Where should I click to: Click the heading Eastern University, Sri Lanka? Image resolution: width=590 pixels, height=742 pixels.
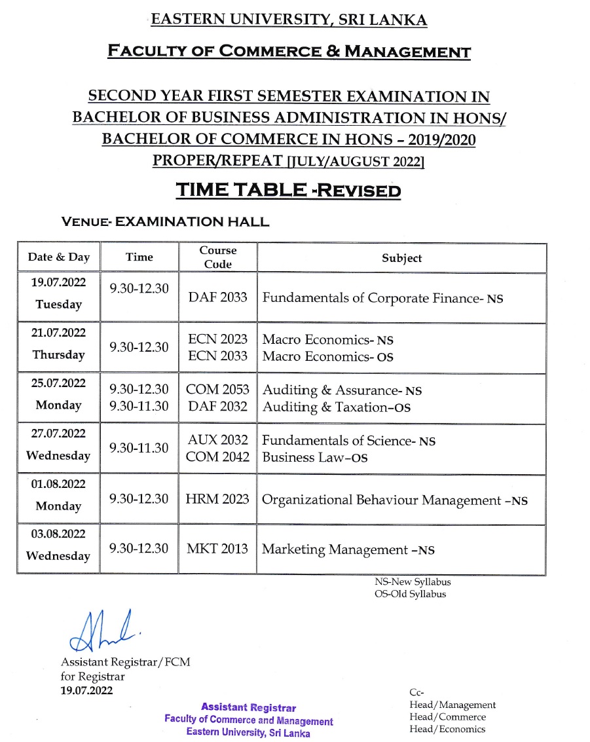pos(289,20)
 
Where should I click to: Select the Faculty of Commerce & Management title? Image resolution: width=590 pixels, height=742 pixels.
pos(289,51)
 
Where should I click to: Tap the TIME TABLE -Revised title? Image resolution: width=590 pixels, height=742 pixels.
pos(287,190)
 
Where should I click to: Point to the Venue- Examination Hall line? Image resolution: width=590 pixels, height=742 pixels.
pos(164,222)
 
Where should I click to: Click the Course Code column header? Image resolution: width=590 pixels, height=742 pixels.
pos(217,257)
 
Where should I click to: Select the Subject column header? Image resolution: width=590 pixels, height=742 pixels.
pos(401,258)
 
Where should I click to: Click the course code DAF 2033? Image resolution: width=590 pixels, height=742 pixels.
pos(217,297)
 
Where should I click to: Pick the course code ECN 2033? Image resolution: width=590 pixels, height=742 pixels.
pos(217,356)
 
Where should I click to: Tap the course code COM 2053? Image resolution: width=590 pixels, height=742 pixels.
pos(217,390)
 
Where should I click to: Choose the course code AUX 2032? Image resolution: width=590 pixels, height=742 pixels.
pos(217,441)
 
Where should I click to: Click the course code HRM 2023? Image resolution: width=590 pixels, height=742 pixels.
pos(217,499)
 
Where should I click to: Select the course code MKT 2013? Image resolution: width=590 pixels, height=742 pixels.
pos(217,549)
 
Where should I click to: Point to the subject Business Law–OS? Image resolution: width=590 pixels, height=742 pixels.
pos(314,458)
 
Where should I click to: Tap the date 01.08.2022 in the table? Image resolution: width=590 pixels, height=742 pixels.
pos(59,483)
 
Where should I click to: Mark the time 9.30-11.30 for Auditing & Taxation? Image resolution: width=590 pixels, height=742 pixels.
pos(139,407)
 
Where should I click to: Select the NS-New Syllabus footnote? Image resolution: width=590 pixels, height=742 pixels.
pos(413,582)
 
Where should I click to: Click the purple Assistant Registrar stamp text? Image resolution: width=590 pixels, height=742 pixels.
pos(248,707)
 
